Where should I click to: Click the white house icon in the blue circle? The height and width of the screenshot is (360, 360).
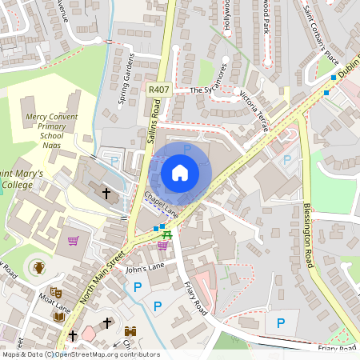(x=180, y=172)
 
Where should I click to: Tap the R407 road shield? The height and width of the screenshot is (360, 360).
(x=157, y=90)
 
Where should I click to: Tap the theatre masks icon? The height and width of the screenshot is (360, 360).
(x=55, y=293)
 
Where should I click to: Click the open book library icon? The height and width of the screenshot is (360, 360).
(x=58, y=316)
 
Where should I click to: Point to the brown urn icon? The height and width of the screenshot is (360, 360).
(x=38, y=267)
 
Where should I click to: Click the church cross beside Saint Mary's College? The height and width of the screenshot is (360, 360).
(x=106, y=193)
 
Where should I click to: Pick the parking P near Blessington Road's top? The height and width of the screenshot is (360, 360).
(x=288, y=160)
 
